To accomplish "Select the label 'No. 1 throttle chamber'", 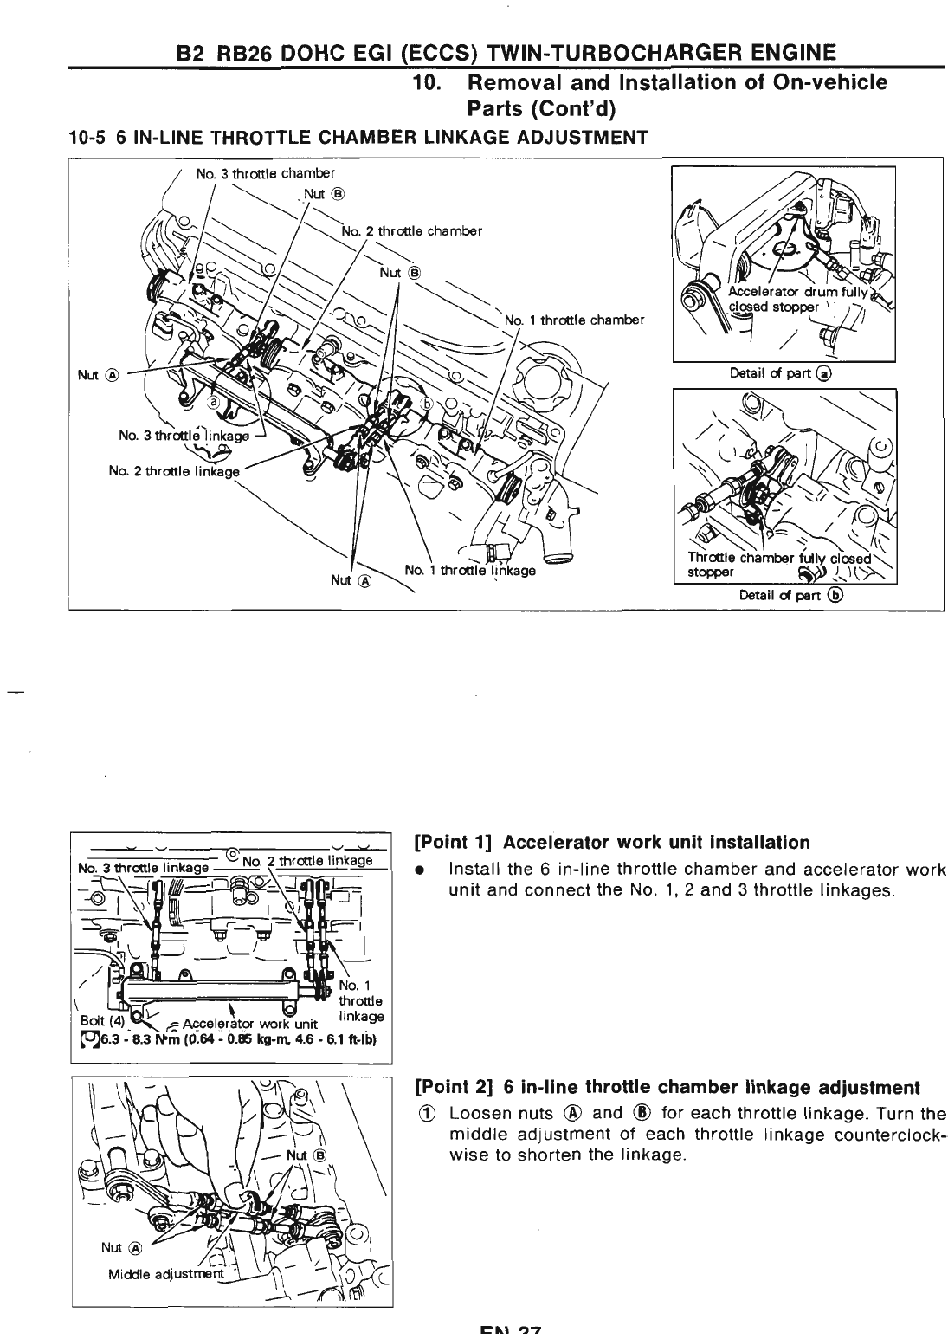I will (x=574, y=320).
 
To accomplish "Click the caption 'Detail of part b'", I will (x=790, y=595).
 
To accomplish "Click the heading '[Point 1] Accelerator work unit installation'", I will (x=612, y=843).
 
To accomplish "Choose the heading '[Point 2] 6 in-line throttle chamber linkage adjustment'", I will (x=667, y=1087).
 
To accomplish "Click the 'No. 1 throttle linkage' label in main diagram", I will (x=470, y=571).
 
